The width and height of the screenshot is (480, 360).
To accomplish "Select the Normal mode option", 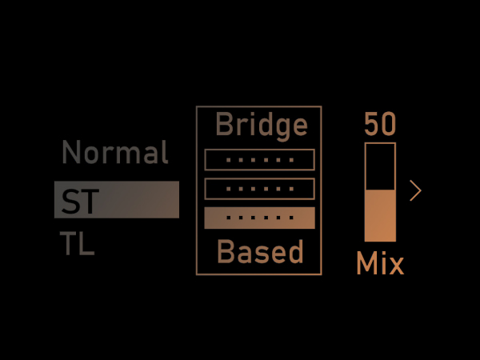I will tap(115, 152).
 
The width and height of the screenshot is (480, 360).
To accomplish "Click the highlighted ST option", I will tap(116, 200).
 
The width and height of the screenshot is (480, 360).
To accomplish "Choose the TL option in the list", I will tap(78, 244).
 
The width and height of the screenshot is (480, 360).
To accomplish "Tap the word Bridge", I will tap(261, 125).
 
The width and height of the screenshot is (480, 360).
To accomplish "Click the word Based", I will tap(261, 253).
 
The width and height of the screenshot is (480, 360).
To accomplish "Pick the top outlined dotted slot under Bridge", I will tap(260, 160).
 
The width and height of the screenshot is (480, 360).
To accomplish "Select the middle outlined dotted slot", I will tap(260, 189).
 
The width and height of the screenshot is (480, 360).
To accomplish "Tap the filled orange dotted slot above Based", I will tap(260, 218).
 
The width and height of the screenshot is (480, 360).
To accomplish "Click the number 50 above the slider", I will tap(380, 125).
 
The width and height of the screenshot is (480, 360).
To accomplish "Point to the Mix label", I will tap(380, 263).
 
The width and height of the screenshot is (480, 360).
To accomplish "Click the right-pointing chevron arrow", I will tap(415, 190).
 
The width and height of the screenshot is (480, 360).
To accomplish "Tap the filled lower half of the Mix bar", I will tap(380, 216).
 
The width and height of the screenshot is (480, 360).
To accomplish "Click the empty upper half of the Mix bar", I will tap(380, 166).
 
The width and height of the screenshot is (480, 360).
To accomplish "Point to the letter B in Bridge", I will tap(225, 125).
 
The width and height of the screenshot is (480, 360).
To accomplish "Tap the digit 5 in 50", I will tap(372, 125).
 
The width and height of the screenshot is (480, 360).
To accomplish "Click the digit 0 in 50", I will tap(389, 125).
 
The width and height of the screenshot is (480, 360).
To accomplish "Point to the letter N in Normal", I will tap(71, 152).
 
